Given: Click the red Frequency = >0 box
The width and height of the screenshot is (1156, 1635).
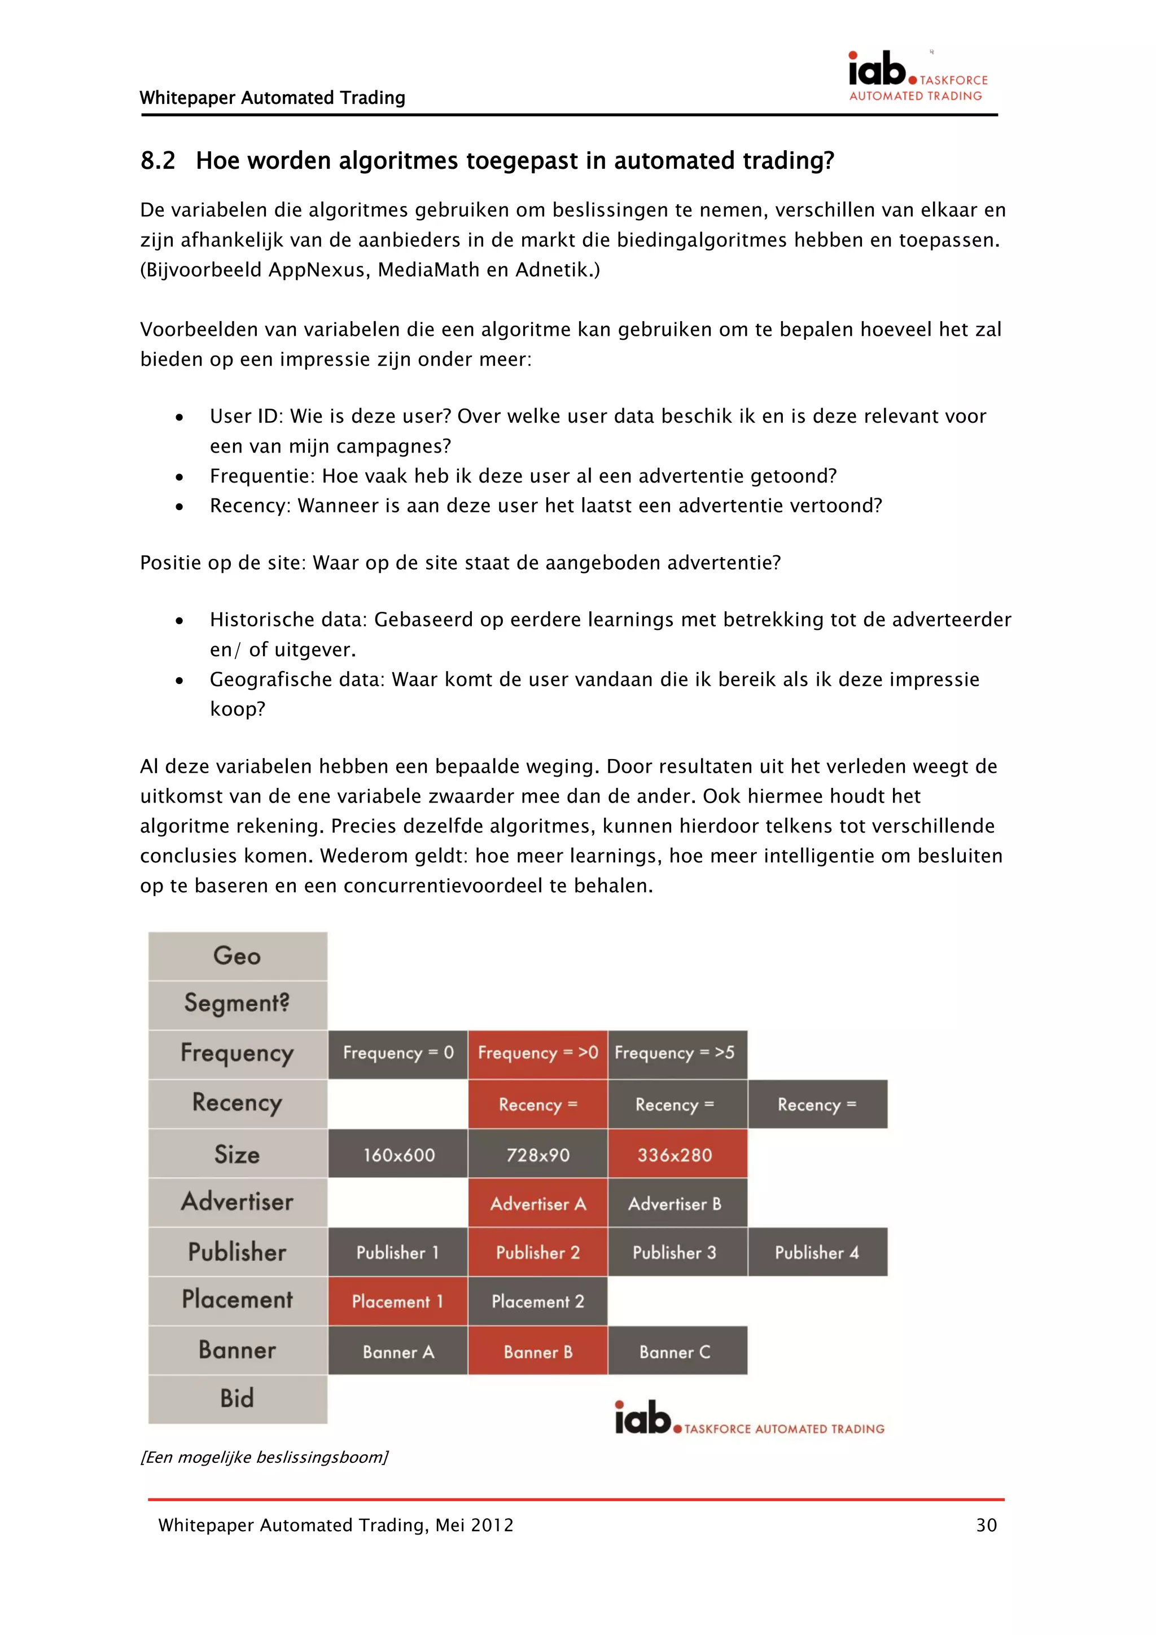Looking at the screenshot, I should click(x=538, y=1053).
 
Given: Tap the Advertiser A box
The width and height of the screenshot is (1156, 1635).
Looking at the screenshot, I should click(x=538, y=1203).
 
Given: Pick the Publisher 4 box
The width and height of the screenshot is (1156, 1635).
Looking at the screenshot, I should click(x=817, y=1252).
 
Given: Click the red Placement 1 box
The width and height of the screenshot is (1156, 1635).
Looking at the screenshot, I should click(x=397, y=1301).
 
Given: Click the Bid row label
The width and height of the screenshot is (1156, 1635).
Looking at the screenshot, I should click(x=237, y=1399).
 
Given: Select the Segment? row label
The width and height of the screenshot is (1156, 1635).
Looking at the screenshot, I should click(x=237, y=1004).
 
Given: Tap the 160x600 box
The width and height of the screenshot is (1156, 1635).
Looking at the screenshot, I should click(x=397, y=1154).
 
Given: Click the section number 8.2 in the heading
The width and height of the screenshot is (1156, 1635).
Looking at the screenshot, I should click(x=157, y=161).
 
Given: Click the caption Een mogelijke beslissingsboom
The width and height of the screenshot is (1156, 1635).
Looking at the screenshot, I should click(x=264, y=1457).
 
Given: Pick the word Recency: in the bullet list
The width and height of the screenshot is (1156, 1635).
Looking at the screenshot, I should click(x=250, y=506).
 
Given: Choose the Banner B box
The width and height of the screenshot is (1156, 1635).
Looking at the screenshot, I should click(x=538, y=1352).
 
